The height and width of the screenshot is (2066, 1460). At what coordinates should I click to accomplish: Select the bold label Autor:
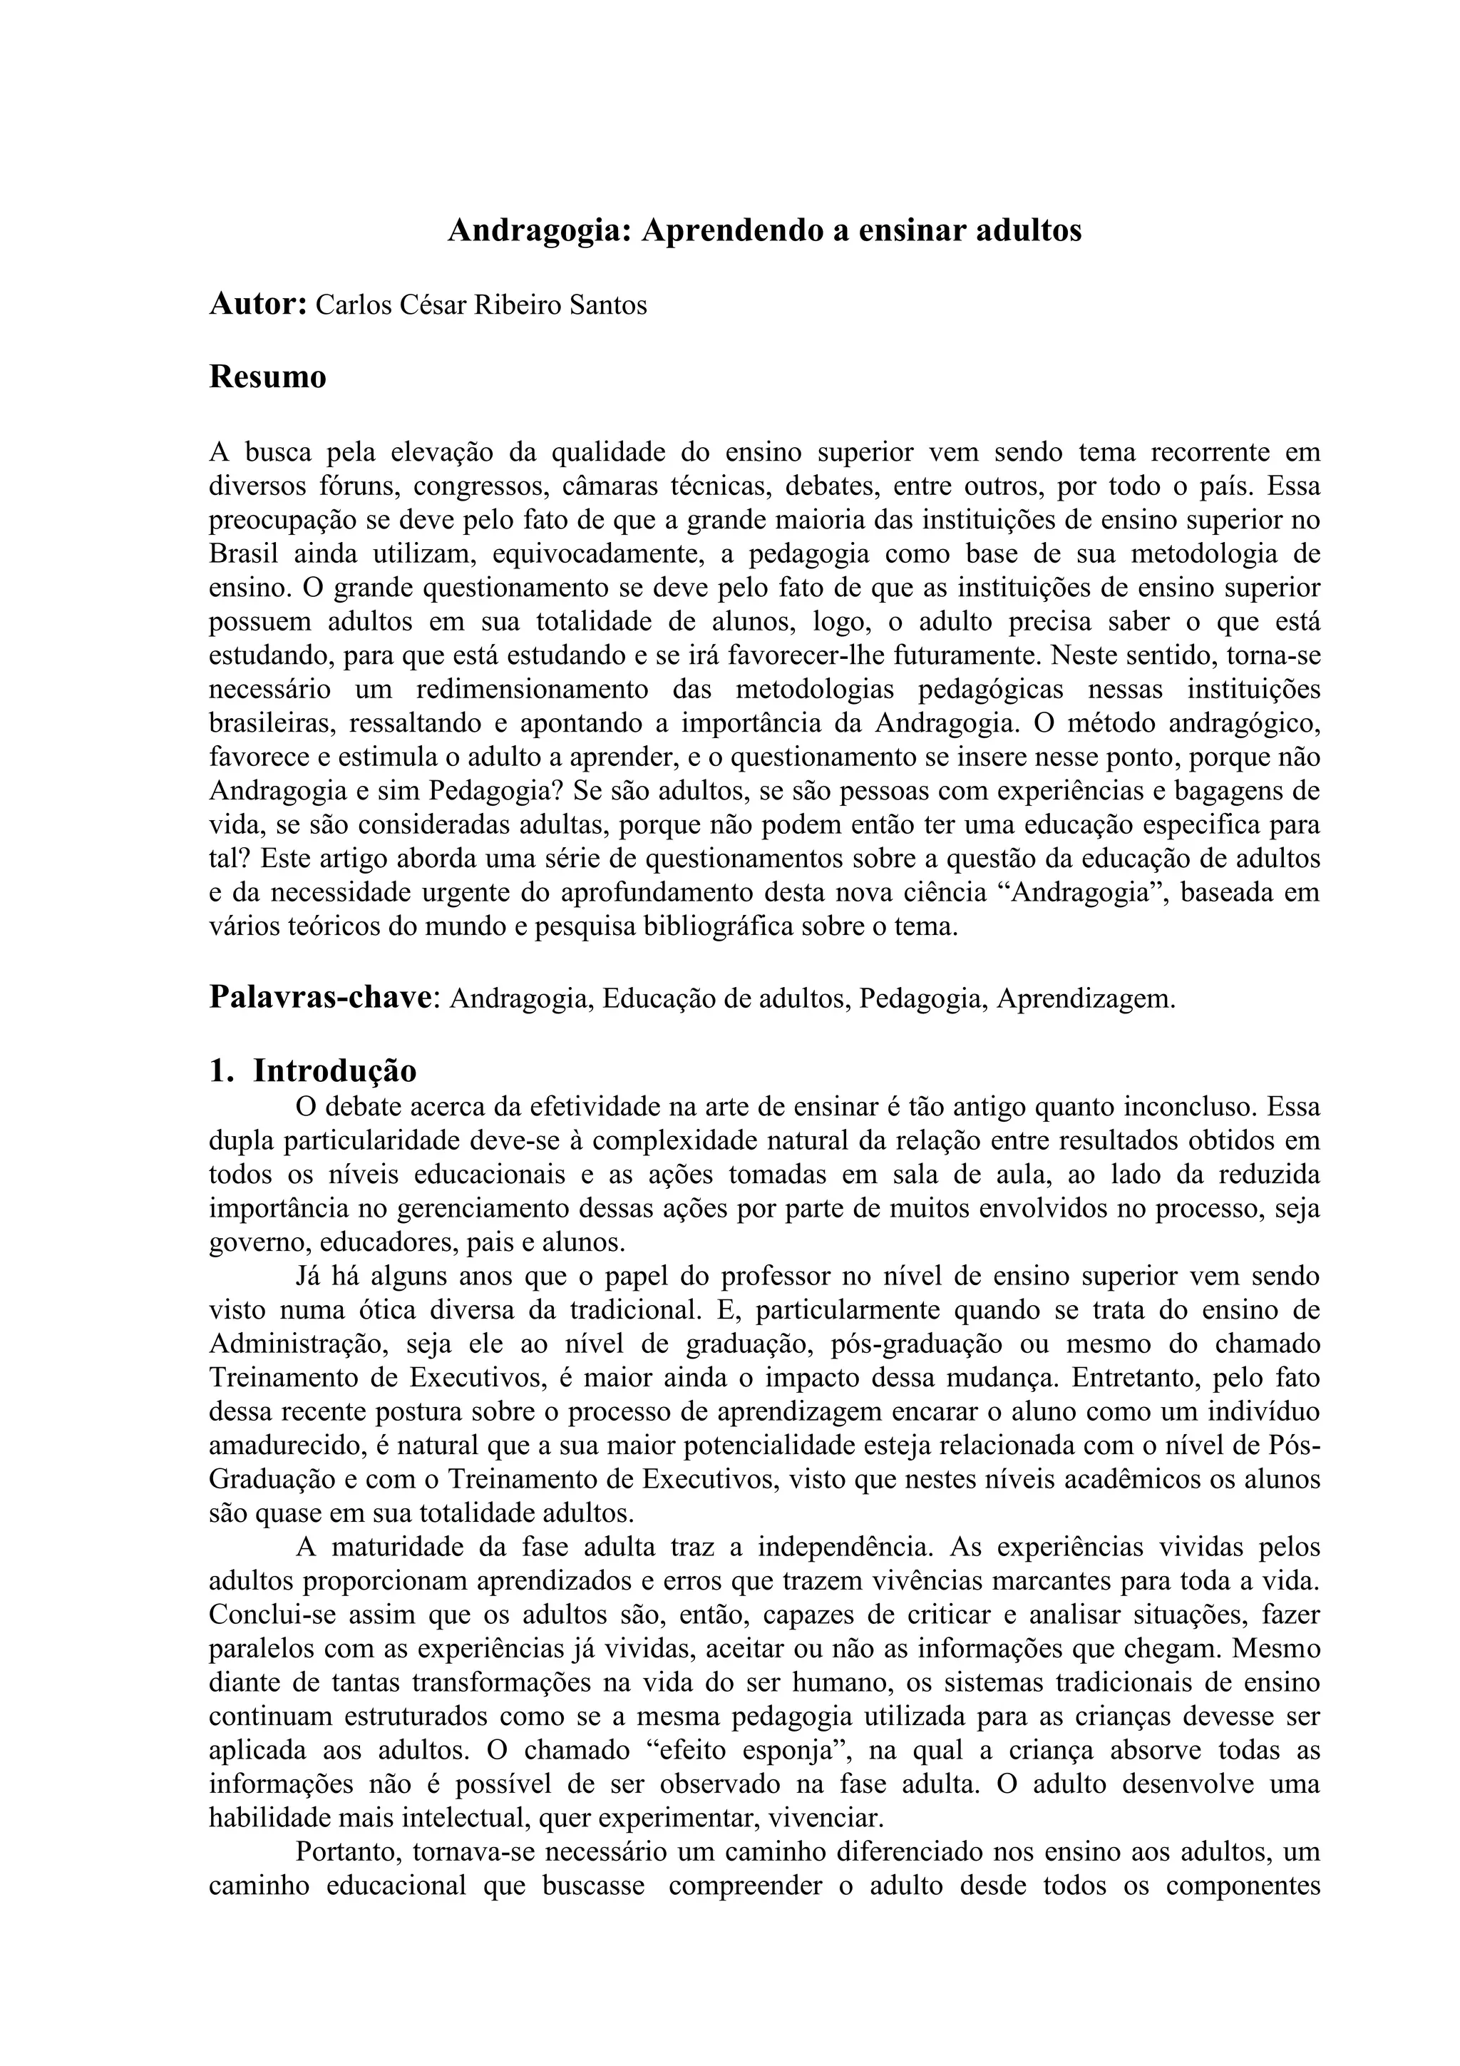point(258,305)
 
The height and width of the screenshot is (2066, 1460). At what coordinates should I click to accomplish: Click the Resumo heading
point(267,377)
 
